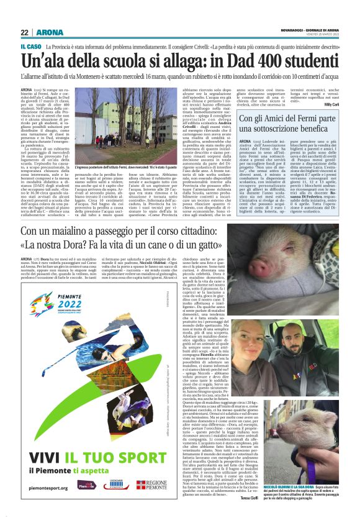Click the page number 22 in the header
pyautogui.click(x=25, y=33)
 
